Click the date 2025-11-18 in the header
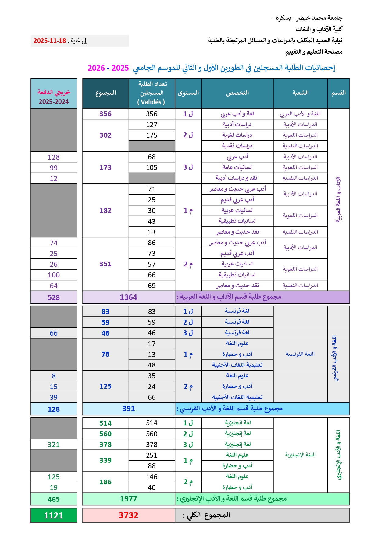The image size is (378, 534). [50, 41]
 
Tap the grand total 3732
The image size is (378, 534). [128, 515]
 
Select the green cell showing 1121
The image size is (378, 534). [54, 515]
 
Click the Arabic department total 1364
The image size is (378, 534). [128, 297]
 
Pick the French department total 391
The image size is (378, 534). [128, 409]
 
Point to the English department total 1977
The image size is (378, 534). [128, 499]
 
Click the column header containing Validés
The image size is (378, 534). [152, 93]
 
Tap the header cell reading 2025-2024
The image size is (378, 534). [54, 102]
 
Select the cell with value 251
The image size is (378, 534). [152, 455]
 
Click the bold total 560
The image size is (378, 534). [105, 434]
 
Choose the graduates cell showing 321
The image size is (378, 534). [54, 444]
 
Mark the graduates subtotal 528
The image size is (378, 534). [54, 297]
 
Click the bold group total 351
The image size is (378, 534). [105, 264]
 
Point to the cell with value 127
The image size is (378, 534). [152, 125]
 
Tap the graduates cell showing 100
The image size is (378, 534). [54, 275]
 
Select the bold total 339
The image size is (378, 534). [105, 460]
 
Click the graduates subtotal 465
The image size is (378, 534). [54, 499]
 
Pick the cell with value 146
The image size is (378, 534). [152, 477]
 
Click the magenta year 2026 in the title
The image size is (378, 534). [96, 68]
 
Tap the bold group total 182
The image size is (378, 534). [105, 210]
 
